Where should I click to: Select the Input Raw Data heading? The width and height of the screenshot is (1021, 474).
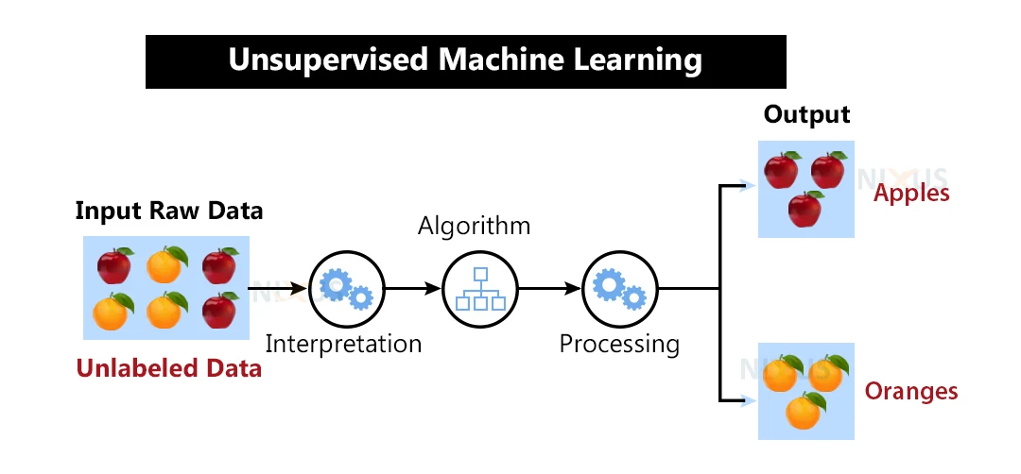(169, 211)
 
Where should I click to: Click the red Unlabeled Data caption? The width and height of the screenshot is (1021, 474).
(169, 368)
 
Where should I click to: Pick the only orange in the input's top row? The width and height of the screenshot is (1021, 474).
(165, 266)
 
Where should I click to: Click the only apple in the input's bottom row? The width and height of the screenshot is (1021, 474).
(219, 310)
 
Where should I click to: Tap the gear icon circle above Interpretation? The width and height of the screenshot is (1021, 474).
(343, 288)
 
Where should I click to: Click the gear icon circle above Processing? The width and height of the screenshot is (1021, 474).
(619, 288)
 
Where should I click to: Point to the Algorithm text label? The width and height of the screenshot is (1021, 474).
(476, 227)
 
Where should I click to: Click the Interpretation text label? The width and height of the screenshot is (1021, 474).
(343, 344)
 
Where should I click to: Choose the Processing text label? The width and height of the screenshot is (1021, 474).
(619, 344)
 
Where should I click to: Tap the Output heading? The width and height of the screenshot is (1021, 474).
(806, 115)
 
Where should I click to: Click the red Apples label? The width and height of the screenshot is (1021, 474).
(911, 194)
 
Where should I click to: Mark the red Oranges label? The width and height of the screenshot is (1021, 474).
(911, 391)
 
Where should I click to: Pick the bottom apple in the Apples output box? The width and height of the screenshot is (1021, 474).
(805, 209)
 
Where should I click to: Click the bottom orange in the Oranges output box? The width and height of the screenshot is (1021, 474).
(804, 411)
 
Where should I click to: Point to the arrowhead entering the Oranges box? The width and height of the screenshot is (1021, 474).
(752, 401)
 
